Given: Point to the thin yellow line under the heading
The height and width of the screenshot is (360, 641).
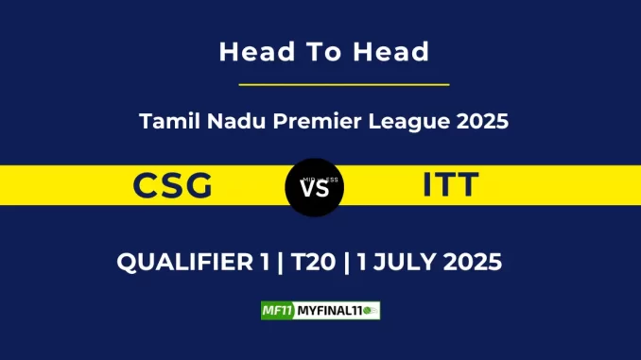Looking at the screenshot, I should [344, 85].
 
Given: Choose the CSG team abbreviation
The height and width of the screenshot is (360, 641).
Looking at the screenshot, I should [174, 186].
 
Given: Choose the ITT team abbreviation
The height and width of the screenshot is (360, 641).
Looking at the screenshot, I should [451, 186].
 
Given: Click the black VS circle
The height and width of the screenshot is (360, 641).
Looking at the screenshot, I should [314, 187].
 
